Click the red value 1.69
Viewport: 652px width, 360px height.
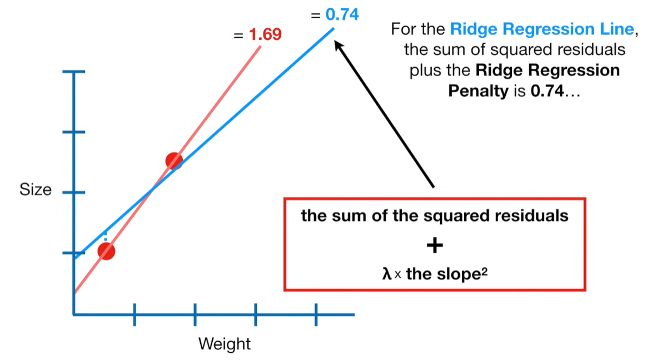pos(265,34)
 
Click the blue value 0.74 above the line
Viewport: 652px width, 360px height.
pos(342,14)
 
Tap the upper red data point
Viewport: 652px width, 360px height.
pos(174,161)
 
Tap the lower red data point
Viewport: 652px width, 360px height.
pos(106,251)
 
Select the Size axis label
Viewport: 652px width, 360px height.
pos(36,190)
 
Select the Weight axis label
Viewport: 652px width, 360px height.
pos(225,344)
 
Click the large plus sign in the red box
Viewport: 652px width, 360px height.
pos(435,245)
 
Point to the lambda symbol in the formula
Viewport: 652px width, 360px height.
pos(387,274)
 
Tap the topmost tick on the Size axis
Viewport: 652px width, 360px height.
pos(74,72)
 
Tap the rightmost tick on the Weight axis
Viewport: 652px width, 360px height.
pos(316,314)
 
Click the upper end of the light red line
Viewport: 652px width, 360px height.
pos(260,47)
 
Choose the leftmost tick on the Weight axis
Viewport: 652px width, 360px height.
pos(135,314)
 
